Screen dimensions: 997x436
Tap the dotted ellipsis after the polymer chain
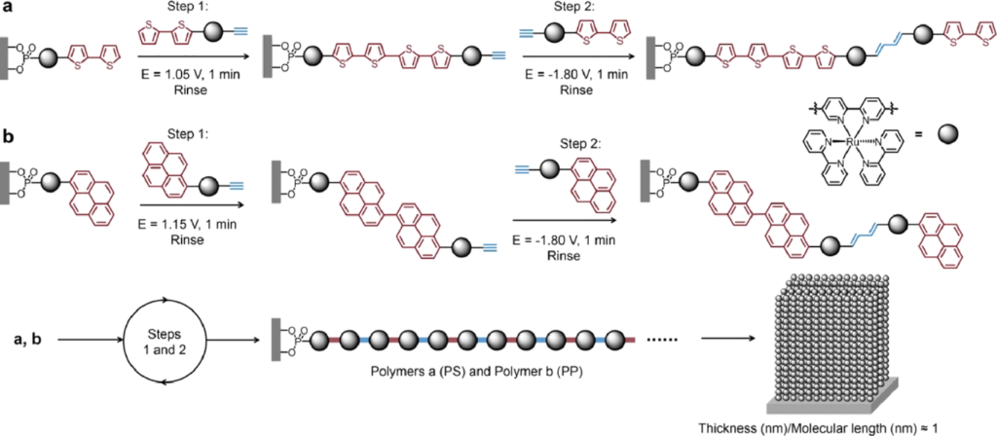[x=662, y=341]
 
